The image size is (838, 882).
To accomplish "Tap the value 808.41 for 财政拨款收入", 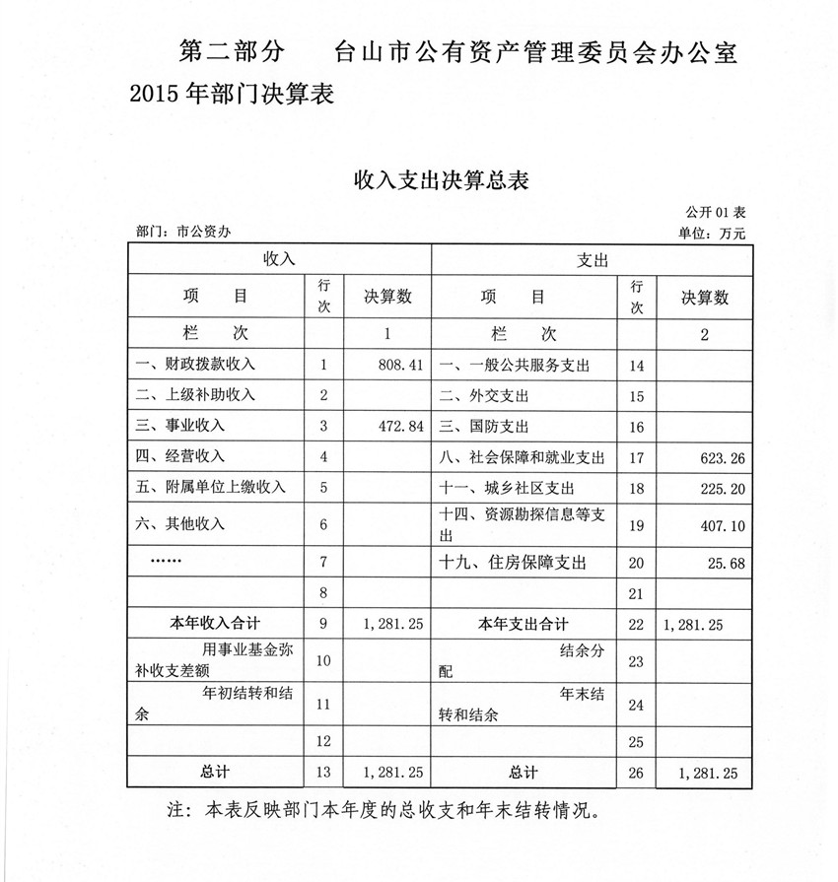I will (400, 365).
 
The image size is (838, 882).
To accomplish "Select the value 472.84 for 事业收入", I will (400, 426).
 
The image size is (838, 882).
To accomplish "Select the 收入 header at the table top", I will (279, 259).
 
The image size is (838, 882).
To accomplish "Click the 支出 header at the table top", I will (592, 259).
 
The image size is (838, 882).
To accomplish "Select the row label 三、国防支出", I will (484, 426).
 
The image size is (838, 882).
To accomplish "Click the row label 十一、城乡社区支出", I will (513, 488).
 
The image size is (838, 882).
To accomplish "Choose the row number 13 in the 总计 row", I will (323, 772).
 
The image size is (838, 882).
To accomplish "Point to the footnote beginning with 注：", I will (384, 811).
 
